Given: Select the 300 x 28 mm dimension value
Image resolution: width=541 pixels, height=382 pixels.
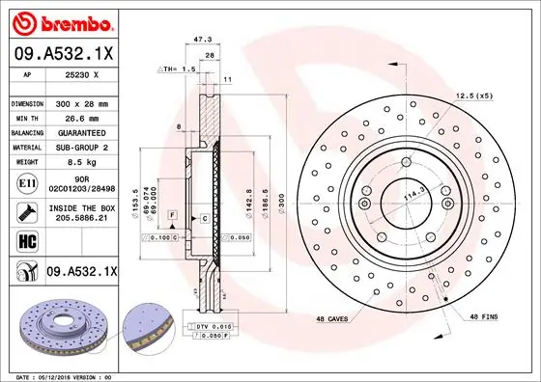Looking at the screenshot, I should pos(81,102).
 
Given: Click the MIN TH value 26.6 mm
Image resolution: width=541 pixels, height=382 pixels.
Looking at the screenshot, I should pos(81,117).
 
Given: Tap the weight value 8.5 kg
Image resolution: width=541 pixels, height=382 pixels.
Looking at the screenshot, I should pos(81,162).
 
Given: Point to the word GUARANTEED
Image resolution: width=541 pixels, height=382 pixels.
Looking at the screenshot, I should pos(81,132).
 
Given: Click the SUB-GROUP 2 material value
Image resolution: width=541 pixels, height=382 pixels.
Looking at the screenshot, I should pos(81,147).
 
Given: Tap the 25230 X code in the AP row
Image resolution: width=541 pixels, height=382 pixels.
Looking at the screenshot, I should pos(81,73).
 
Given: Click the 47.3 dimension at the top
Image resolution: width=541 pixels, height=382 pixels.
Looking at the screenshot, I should pos(202,40).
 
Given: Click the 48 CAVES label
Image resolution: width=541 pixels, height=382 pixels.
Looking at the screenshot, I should pos(333,319).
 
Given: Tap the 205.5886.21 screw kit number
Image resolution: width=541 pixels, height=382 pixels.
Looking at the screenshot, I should pos(81,219).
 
